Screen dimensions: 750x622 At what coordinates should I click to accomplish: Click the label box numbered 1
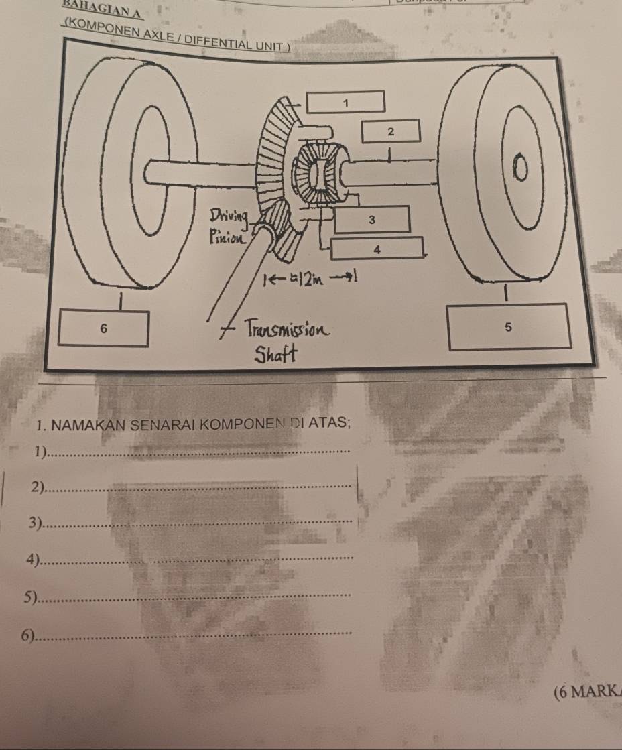(346, 102)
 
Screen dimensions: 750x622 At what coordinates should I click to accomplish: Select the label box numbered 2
(391, 131)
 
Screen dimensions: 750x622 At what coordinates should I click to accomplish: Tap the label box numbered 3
(372, 219)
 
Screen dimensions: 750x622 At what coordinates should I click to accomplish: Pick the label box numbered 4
(377, 248)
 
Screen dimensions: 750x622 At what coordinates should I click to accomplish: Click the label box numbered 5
(509, 326)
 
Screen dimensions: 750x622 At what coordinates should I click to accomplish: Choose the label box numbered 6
(103, 328)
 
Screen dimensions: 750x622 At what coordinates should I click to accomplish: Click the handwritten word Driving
(229, 216)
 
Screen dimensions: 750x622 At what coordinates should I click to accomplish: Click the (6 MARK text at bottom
(587, 693)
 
